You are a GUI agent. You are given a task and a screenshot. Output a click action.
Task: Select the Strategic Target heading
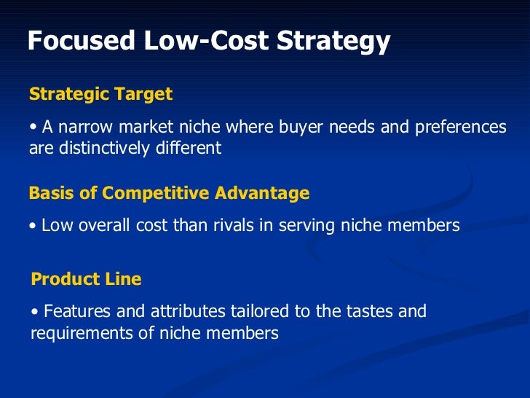coord(100,94)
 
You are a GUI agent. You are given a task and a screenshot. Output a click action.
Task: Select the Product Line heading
coord(87,279)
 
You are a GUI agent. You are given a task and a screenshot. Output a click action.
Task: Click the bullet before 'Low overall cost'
coord(33,226)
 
